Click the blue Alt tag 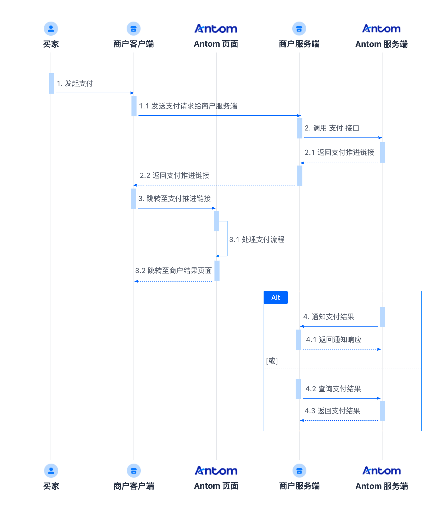click(276, 297)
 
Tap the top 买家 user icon click(51, 28)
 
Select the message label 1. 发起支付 click(75, 83)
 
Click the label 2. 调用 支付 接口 click(332, 128)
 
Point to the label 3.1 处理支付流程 click(257, 239)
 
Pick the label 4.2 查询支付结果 click(333, 389)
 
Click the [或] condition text click(272, 361)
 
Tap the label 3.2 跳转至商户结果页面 click(173, 270)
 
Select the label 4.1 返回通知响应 click(334, 339)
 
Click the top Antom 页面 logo click(216, 29)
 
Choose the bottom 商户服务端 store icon click(299, 471)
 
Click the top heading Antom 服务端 click(381, 44)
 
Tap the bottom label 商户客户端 click(134, 486)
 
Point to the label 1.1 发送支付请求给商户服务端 click(188, 106)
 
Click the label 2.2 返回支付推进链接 click(175, 175)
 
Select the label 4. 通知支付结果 click(329, 317)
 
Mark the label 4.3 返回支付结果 click(332, 411)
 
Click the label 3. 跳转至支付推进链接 click(175, 198)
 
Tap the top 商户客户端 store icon click(134, 28)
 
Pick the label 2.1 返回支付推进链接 click(339, 152)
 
